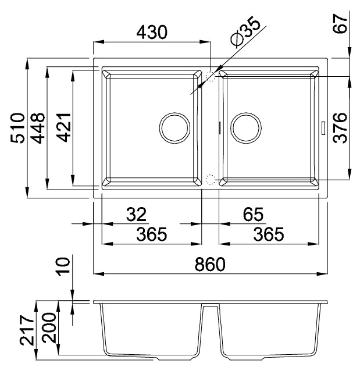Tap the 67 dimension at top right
pos(342,24)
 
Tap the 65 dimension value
pos(252,215)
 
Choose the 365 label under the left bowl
pos(151,234)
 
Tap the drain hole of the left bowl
pos(174,127)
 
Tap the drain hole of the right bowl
pos(245,127)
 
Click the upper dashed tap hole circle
pos(211,76)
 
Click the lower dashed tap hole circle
pos(211,179)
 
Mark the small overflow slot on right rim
pos(323,127)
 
